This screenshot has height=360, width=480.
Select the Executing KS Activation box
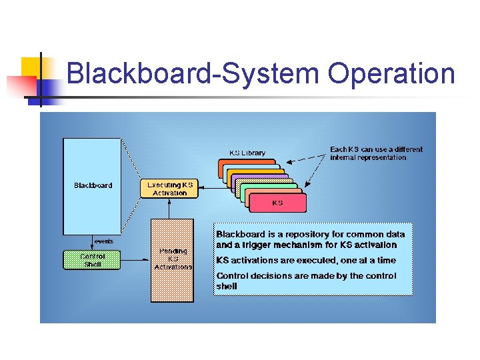[169, 189]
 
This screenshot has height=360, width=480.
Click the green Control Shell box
[92, 260]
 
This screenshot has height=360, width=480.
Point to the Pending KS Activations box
[172, 260]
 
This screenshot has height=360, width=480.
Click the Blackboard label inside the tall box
[93, 185]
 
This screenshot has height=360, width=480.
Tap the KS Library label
[247, 153]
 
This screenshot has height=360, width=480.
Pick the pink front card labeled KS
[277, 203]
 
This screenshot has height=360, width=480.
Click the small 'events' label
[103, 241]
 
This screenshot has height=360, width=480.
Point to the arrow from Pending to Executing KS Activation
[171, 209]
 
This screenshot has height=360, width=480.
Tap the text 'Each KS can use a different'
[376, 149]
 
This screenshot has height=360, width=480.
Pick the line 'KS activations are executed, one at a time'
[305, 261]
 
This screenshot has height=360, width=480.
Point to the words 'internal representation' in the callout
[367, 158]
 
